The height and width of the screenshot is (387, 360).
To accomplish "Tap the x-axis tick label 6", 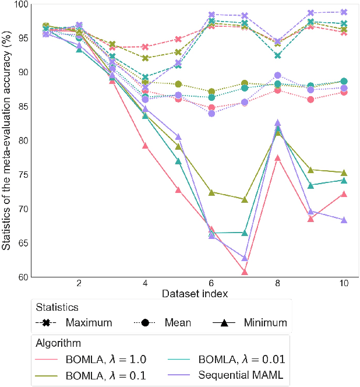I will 211,283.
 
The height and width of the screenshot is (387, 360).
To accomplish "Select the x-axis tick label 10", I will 343,283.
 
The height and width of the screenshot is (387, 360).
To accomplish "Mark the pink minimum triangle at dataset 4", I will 145,146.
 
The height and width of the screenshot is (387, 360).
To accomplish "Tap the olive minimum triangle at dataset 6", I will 211,192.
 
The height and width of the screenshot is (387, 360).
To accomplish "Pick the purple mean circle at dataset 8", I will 278,75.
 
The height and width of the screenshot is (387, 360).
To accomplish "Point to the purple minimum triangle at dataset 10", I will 344,220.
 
